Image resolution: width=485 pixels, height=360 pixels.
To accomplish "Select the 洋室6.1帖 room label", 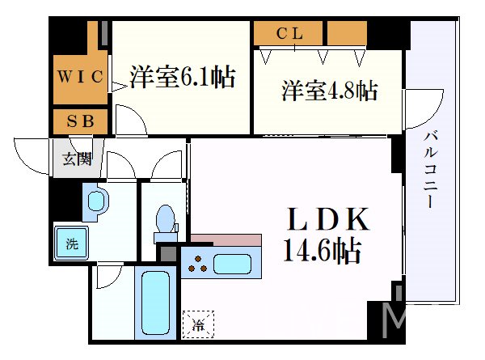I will pyautogui.click(x=183, y=78).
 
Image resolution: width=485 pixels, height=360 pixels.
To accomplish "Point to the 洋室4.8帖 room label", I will pyautogui.click(x=330, y=91).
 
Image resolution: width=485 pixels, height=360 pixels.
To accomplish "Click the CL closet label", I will pyautogui.click(x=289, y=34).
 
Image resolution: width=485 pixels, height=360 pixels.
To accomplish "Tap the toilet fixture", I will pyautogui.click(x=165, y=219).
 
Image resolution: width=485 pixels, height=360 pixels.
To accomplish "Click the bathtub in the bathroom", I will pyautogui.click(x=155, y=304).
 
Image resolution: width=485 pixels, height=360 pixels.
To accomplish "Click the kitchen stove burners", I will pyautogui.click(x=197, y=262).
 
